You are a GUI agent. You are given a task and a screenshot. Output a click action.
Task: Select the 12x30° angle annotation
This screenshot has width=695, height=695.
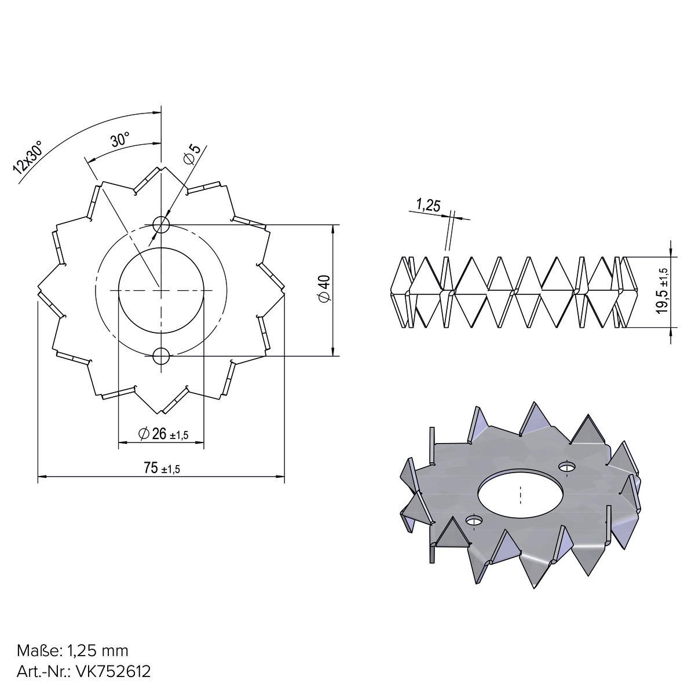pos(28,157)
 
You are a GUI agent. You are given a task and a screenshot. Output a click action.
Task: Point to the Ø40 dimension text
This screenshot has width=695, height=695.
pos(324,288)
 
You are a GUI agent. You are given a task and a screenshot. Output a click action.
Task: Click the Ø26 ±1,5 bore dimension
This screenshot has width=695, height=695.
pos(163,434)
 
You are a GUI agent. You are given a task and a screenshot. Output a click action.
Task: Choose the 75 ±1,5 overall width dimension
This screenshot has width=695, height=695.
pos(162,468)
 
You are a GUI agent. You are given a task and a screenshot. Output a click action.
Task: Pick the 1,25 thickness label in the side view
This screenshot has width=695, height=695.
pos(429,206)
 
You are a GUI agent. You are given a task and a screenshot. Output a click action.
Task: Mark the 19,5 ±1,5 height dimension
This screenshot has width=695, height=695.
pos(663,291)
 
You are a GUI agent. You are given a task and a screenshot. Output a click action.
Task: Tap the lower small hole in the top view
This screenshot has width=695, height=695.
pos(161,356)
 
